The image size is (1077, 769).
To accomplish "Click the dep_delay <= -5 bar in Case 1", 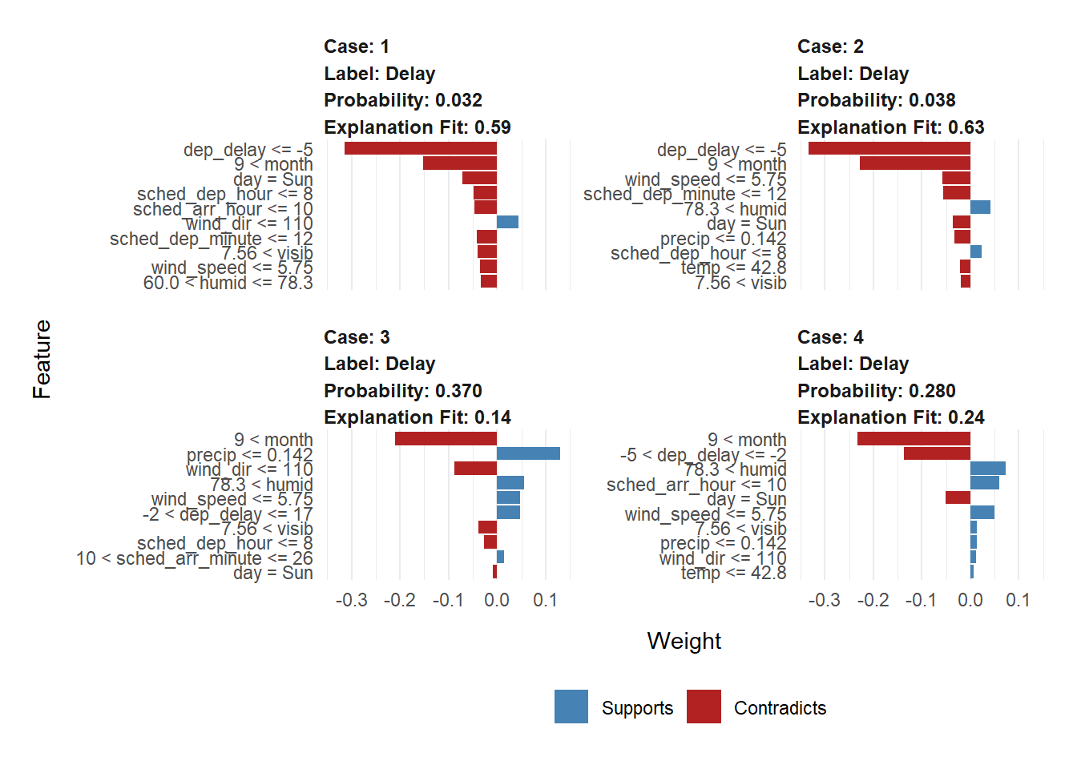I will tap(421, 148).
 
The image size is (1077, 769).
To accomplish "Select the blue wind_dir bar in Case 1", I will tap(507, 222).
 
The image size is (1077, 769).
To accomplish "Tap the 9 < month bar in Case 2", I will tap(914, 163).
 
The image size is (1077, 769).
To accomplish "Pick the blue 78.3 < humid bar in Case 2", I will tap(980, 207).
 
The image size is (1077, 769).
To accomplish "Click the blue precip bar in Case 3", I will tap(528, 453).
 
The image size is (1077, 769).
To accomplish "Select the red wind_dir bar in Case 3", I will tap(475, 469).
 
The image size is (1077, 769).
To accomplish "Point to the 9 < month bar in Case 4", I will tap(914, 439).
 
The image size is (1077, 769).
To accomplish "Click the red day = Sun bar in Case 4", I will tap(958, 497).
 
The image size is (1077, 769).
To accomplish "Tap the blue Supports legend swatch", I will tap(571, 707).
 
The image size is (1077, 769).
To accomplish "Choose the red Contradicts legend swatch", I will tap(704, 707).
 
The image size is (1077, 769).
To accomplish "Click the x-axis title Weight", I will tap(684, 641).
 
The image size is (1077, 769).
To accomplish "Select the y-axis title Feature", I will tap(42, 359).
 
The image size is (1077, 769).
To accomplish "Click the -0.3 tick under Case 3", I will tap(351, 600).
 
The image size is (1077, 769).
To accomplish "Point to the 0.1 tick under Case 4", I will tap(1018, 600).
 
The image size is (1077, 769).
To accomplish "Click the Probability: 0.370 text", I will tap(402, 391).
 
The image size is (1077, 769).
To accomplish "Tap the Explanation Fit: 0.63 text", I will tap(890, 127).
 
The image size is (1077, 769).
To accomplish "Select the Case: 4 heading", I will tap(830, 337).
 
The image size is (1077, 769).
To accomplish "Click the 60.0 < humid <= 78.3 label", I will tap(228, 283).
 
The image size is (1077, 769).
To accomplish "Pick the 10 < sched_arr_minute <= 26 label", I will tap(194, 558).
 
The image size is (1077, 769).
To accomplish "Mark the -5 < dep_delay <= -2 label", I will tap(703, 455).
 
